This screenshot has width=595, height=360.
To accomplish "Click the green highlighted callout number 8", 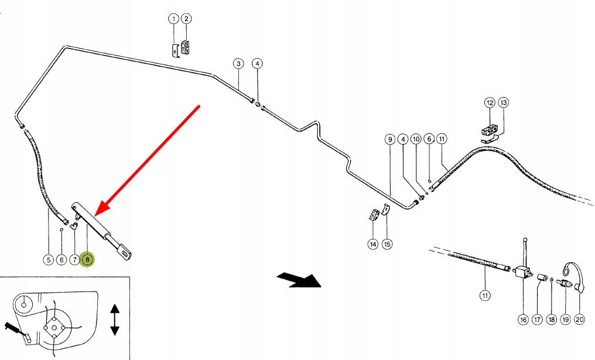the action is click(88, 260).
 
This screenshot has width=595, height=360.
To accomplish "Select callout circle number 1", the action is click(173, 19).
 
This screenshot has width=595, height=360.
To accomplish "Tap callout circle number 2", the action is click(186, 19).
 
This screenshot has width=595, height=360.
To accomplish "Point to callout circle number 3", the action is click(238, 63).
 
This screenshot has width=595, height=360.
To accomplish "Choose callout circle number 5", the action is click(48, 260).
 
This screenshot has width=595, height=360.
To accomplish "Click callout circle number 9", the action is click(390, 139).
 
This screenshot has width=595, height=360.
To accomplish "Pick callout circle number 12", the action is click(490, 102).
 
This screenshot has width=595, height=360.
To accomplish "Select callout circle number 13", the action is click(503, 102).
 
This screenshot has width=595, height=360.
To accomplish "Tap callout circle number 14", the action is click(373, 244).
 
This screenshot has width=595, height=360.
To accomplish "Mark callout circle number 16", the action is click(524, 320).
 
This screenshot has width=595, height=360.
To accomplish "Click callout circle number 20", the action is click(579, 320).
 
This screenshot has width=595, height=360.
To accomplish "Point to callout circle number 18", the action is click(551, 320).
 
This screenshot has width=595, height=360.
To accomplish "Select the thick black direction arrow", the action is click(300, 280).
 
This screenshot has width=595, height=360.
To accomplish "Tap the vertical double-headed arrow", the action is click(115, 320).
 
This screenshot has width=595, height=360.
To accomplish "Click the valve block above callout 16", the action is click(522, 272).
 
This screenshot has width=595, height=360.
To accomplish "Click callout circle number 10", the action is click(416, 139).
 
